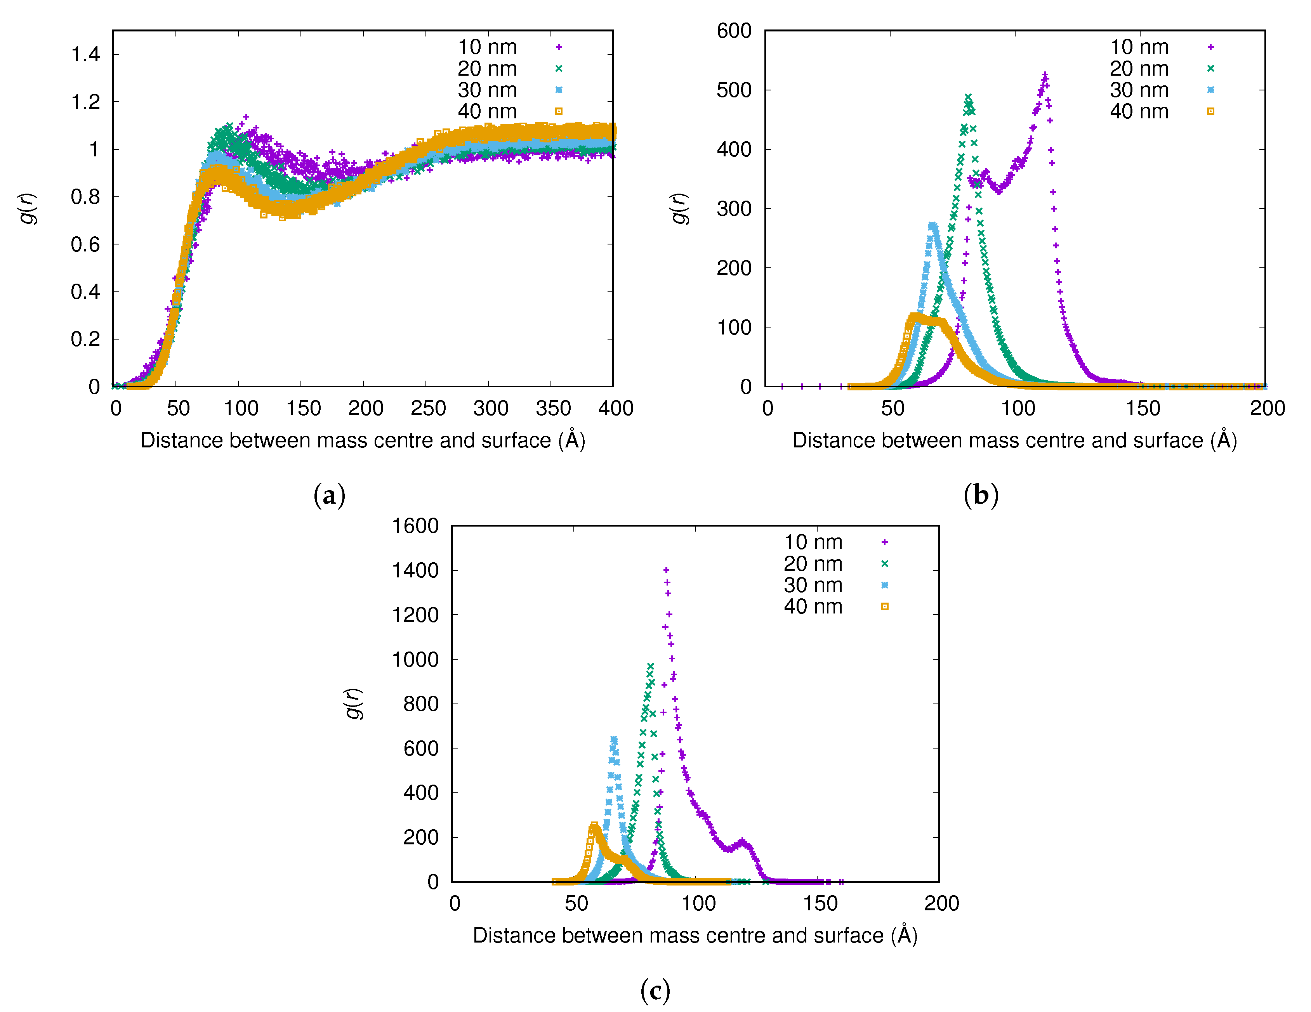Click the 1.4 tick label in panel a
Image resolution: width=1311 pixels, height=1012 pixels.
[x=86, y=55]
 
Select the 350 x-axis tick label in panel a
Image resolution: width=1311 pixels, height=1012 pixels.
[x=553, y=409]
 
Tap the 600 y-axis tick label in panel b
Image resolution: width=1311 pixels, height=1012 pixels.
[x=734, y=31]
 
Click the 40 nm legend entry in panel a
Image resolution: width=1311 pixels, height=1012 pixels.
[x=488, y=112]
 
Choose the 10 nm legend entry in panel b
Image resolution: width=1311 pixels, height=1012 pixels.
[x=1139, y=47]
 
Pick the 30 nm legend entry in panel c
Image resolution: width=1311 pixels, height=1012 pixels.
[x=813, y=585]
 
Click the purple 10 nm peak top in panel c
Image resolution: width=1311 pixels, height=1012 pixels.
[x=666, y=570]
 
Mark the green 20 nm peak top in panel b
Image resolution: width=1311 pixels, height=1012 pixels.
[x=968, y=97]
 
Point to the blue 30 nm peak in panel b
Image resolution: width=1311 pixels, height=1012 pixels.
[x=932, y=225]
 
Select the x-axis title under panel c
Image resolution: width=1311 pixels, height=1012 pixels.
[x=695, y=935]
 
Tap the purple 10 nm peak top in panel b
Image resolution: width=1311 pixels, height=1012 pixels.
[x=1045, y=76]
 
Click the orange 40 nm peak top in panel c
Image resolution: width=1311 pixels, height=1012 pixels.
[x=594, y=826]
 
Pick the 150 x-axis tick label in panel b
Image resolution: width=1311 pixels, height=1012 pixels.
[x=1143, y=409]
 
